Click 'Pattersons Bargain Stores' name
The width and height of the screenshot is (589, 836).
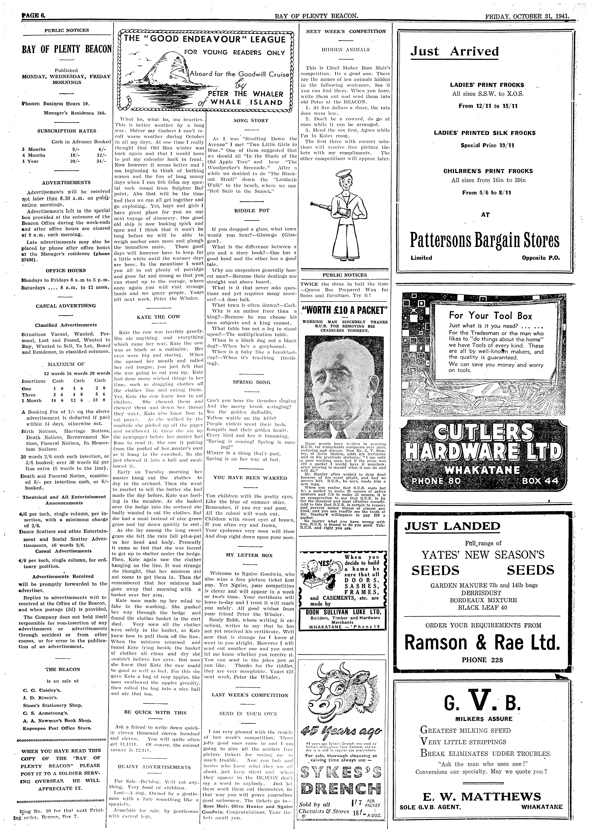[x=484, y=241]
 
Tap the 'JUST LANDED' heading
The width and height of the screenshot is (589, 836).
[x=452, y=526]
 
